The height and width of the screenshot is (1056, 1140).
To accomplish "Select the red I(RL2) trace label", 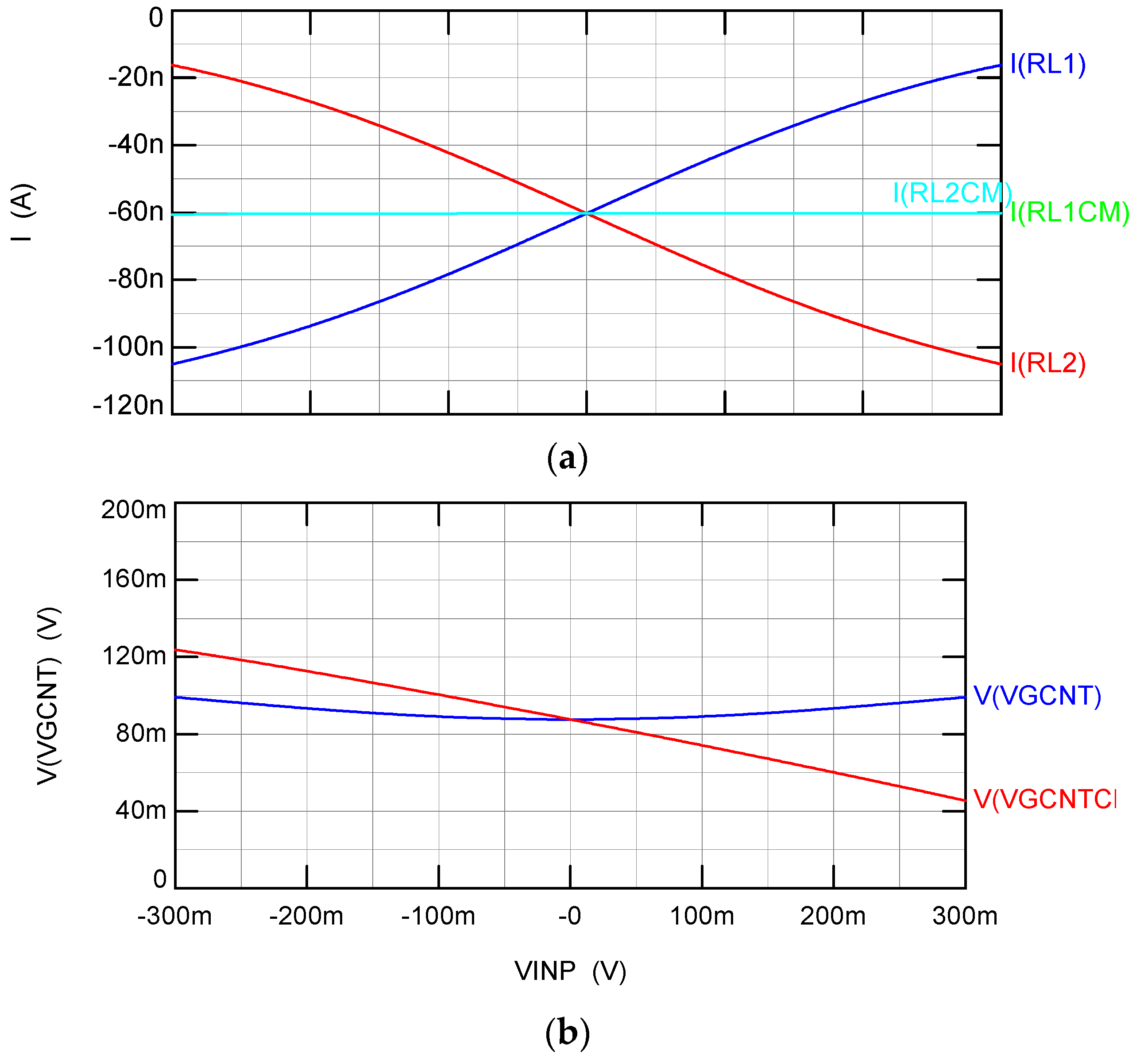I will click(x=1047, y=363).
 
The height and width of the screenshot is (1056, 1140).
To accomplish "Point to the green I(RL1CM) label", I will click(x=1070, y=212).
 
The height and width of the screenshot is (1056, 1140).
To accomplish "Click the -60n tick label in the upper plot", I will click(x=136, y=212).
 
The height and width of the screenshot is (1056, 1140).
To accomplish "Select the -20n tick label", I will click(x=136, y=77).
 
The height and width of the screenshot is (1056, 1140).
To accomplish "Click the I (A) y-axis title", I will click(x=23, y=212).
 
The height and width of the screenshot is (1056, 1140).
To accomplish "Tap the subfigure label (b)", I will click(x=567, y=1033).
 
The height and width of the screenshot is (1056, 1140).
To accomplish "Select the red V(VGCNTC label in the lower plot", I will click(x=1044, y=799).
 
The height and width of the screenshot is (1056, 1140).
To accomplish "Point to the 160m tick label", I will click(x=134, y=579).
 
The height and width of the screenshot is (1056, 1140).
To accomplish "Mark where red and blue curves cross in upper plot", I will click(x=587, y=213).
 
